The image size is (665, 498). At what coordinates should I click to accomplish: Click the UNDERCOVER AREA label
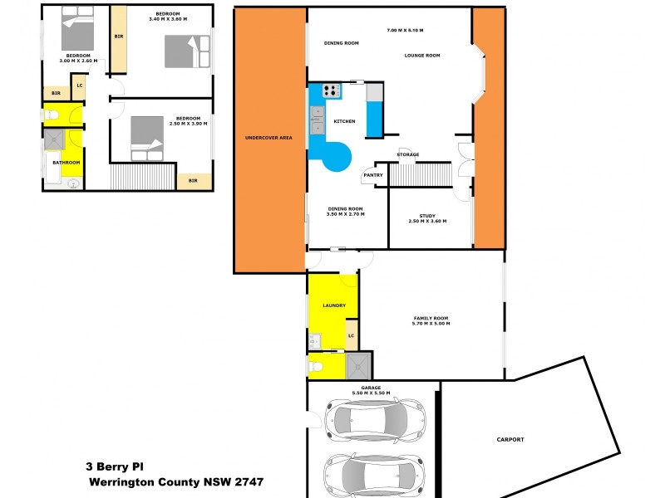coord(268,137)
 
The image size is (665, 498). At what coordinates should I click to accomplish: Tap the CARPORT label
coord(510,439)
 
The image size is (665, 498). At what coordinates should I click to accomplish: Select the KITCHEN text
coord(344,121)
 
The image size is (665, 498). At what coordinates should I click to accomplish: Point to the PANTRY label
coord(372,175)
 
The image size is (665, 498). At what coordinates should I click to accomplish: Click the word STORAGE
coord(407,154)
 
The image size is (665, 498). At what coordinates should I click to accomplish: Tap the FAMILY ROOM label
coord(431,319)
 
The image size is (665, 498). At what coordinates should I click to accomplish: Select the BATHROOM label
coord(66,163)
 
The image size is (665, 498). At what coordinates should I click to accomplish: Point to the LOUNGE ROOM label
coord(422,56)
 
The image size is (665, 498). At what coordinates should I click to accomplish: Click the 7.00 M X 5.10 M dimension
coord(405,30)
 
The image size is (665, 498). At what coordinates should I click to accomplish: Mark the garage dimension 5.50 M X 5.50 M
coord(372,392)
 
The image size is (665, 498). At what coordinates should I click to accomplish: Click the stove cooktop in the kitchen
coord(332,90)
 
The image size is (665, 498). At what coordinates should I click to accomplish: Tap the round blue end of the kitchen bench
coord(337,155)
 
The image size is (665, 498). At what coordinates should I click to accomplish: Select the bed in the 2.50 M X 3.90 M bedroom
coord(148,138)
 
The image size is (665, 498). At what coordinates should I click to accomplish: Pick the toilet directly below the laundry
coord(316,364)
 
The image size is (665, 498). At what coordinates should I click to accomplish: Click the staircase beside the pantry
coord(420,175)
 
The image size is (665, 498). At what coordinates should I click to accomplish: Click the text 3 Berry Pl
coord(115,466)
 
